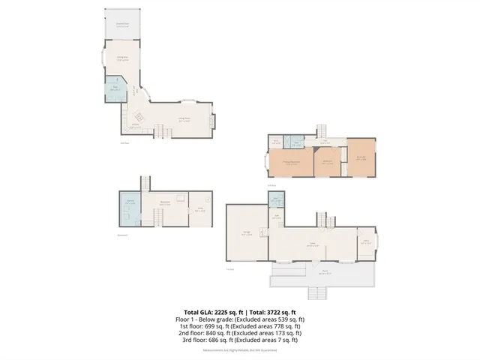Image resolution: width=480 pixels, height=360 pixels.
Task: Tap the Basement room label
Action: pos(164,202)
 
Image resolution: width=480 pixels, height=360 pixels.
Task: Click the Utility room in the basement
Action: pos(199,211)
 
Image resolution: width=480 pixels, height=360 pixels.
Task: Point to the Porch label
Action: pos(325,273)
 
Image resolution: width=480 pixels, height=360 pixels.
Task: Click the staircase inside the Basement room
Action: pos(158,217)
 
